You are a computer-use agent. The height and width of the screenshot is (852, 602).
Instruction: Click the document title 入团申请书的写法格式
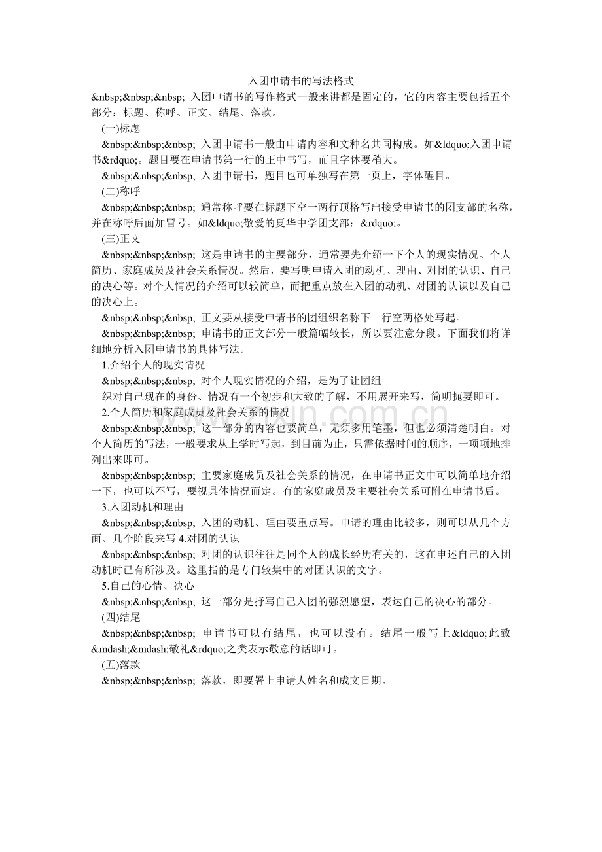(x=301, y=81)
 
